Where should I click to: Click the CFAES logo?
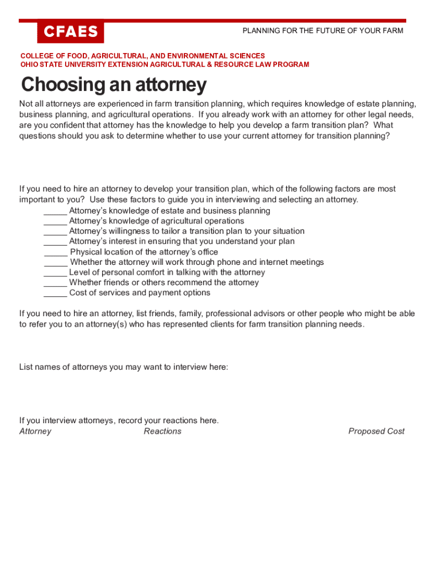pos(70,32)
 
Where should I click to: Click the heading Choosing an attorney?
pos(114,85)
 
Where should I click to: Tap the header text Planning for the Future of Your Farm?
pos(323,30)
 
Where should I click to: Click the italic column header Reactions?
pos(162,431)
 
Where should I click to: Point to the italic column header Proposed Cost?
pos(376,431)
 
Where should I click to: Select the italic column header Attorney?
pos(35,431)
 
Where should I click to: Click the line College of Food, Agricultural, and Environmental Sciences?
pos(142,56)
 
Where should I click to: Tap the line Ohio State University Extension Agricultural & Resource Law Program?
pos(164,65)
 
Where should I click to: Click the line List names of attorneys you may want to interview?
pos(124,367)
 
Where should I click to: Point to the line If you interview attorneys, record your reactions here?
pos(119,420)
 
